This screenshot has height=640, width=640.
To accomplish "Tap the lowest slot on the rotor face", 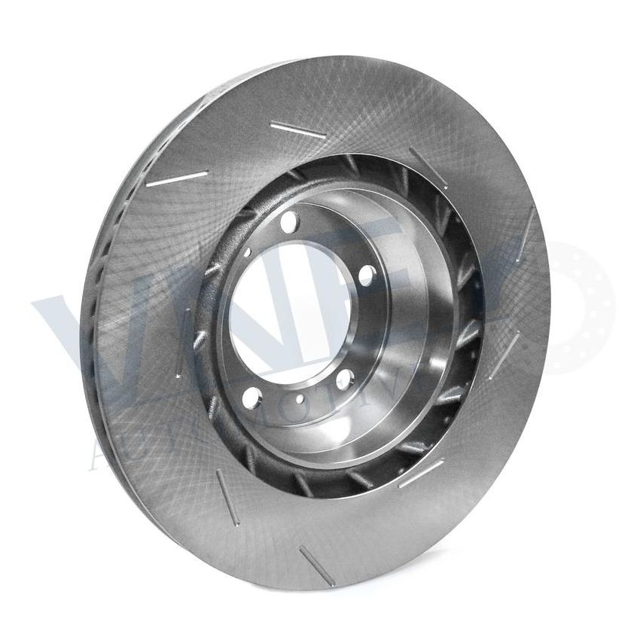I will [316, 565].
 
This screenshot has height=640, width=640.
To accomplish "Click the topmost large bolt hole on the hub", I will [290, 221].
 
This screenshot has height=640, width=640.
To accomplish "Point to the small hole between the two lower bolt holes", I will [300, 399].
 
